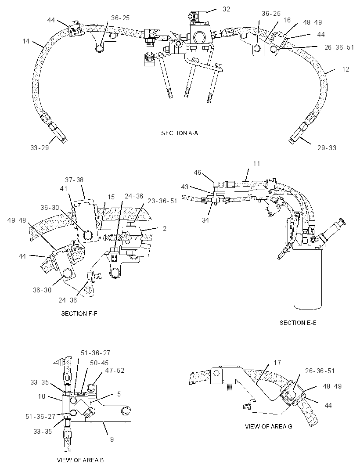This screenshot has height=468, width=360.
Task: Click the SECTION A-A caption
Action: pyautogui.click(x=180, y=133)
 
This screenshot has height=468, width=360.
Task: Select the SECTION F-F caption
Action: pyautogui.click(x=79, y=313)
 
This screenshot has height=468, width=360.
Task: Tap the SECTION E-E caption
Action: pyautogui.click(x=298, y=322)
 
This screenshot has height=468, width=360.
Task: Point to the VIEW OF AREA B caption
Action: pyautogui.click(x=80, y=460)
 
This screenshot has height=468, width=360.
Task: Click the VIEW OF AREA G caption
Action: pyautogui.click(x=268, y=426)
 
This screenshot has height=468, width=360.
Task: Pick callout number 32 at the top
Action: pyautogui.click(x=226, y=9)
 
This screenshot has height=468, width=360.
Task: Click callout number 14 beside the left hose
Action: pyautogui.click(x=26, y=41)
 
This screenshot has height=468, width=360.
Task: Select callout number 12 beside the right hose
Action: pyautogui.click(x=346, y=69)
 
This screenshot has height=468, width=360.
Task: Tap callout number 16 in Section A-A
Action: pyautogui.click(x=287, y=20)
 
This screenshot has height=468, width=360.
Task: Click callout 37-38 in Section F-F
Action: pyautogui.click(x=74, y=180)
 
